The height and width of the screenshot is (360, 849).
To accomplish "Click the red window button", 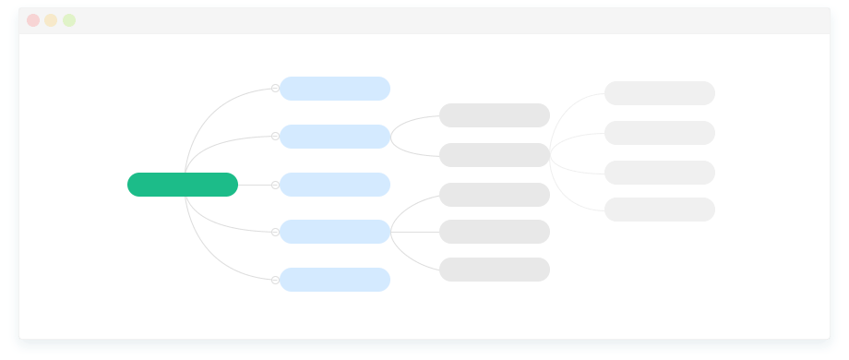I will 33,20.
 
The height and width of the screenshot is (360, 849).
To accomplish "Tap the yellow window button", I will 51,20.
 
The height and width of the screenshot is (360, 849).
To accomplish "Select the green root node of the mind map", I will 183,185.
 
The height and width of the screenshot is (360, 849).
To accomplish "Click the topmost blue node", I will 335,89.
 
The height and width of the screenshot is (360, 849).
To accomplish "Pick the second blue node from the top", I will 335,137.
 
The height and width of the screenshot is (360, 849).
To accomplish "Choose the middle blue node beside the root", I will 335,185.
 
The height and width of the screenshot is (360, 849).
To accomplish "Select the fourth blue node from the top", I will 335,232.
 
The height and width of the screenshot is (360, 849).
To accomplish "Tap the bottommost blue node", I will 335,280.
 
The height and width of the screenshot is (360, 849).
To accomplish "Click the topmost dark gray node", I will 495,115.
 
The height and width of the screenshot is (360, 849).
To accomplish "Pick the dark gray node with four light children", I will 495,155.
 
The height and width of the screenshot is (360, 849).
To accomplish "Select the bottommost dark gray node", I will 495,270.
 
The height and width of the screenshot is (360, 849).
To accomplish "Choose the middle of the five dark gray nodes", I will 495,195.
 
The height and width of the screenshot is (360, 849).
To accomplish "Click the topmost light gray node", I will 660,93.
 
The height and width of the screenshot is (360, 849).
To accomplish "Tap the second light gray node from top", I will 660,133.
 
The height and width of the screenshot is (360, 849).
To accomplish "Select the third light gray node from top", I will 660,173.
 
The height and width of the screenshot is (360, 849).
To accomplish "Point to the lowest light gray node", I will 660,210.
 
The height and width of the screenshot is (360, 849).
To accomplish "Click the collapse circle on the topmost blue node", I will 275,89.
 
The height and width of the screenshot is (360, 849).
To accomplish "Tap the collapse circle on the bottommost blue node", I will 275,280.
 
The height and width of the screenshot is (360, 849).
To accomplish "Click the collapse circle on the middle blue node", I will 275,185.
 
